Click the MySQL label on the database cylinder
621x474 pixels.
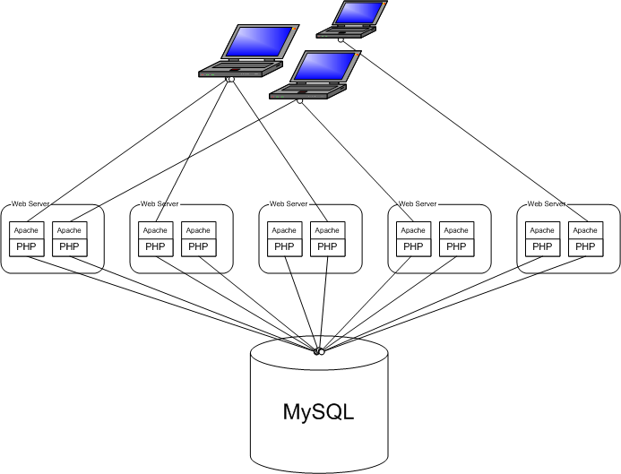(319, 412)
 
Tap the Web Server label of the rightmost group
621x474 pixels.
(546, 204)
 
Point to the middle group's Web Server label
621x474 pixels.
(289, 204)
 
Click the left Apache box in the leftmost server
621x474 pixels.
(26, 230)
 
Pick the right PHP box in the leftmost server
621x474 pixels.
(69, 247)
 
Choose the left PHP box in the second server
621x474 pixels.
(155, 247)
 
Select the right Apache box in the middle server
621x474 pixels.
(327, 230)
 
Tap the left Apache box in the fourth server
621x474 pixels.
(413, 230)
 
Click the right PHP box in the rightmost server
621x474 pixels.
(585, 247)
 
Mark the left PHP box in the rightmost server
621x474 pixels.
(542, 247)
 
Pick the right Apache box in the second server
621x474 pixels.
(198, 230)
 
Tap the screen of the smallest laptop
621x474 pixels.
(361, 13)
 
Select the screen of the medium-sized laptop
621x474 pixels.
(326, 66)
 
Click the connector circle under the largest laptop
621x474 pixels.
(230, 81)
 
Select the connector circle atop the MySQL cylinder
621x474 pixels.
(318, 350)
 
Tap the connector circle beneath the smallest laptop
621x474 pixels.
(341, 40)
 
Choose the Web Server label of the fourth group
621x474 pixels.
(418, 204)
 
